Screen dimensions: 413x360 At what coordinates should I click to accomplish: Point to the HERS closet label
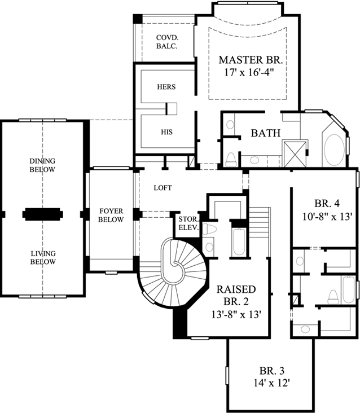click(166, 87)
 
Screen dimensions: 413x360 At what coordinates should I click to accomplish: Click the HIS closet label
click(166, 132)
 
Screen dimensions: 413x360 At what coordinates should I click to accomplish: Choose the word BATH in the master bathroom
click(266, 134)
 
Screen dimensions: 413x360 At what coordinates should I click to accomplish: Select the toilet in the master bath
click(230, 159)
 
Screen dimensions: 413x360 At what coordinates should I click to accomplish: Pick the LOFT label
click(163, 187)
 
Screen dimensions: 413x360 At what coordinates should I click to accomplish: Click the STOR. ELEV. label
click(187, 224)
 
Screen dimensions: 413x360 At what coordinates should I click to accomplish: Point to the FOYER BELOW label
click(111, 215)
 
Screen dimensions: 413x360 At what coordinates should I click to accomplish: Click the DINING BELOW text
click(43, 165)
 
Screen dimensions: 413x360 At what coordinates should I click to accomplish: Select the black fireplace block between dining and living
click(43, 214)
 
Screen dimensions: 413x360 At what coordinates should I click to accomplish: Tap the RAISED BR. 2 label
click(236, 295)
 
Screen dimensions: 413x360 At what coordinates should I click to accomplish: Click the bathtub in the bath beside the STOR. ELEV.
click(239, 243)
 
